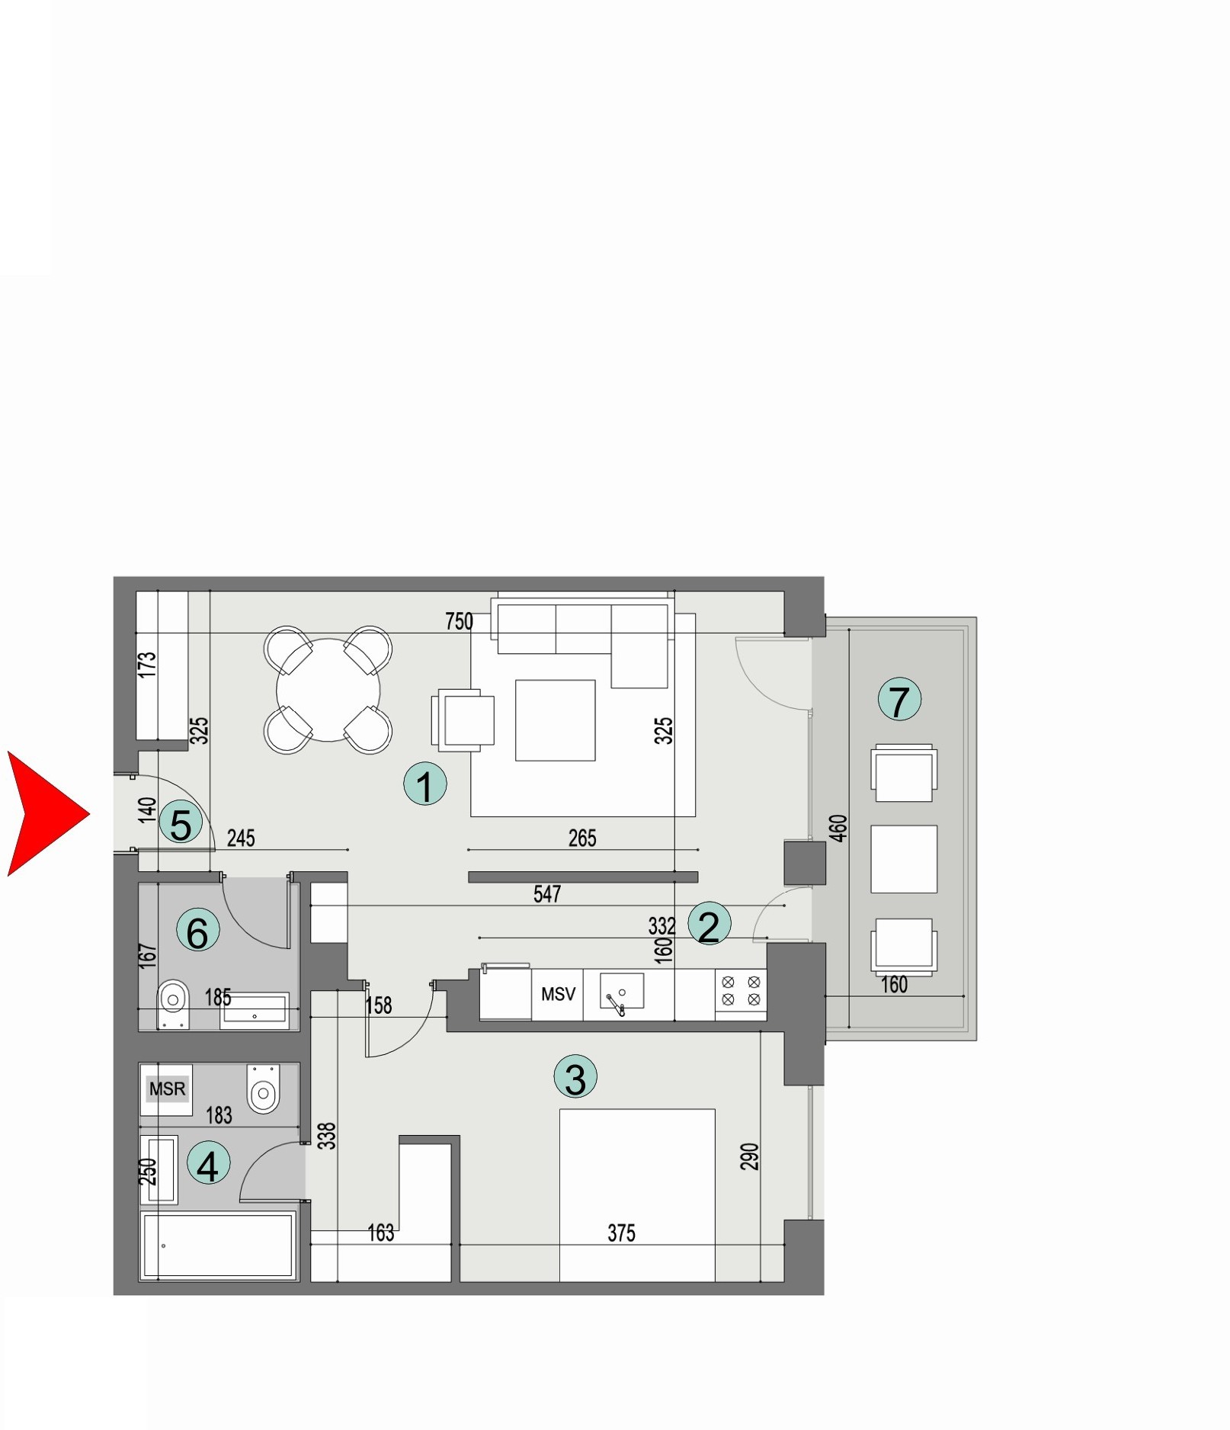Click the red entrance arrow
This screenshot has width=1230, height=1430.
(46, 813)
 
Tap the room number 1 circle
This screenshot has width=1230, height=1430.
(424, 784)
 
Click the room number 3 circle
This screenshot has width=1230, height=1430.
(575, 1076)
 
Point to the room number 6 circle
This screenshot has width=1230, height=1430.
(197, 931)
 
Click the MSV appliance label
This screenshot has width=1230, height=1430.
(558, 994)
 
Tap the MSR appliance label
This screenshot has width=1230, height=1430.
(167, 1089)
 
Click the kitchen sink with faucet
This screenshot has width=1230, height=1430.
(621, 993)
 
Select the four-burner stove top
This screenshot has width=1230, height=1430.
(741, 991)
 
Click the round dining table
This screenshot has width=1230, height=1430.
(328, 690)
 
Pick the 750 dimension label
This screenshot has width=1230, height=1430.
(459, 621)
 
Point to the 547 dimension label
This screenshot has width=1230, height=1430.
(547, 893)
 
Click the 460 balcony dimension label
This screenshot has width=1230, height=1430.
(838, 828)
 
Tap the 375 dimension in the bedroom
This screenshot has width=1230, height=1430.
(621, 1233)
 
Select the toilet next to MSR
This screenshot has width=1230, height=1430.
(264, 1089)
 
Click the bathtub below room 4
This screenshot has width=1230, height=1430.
(218, 1245)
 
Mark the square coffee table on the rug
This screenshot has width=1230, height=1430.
(555, 720)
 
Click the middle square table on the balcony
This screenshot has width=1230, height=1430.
(904, 859)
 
